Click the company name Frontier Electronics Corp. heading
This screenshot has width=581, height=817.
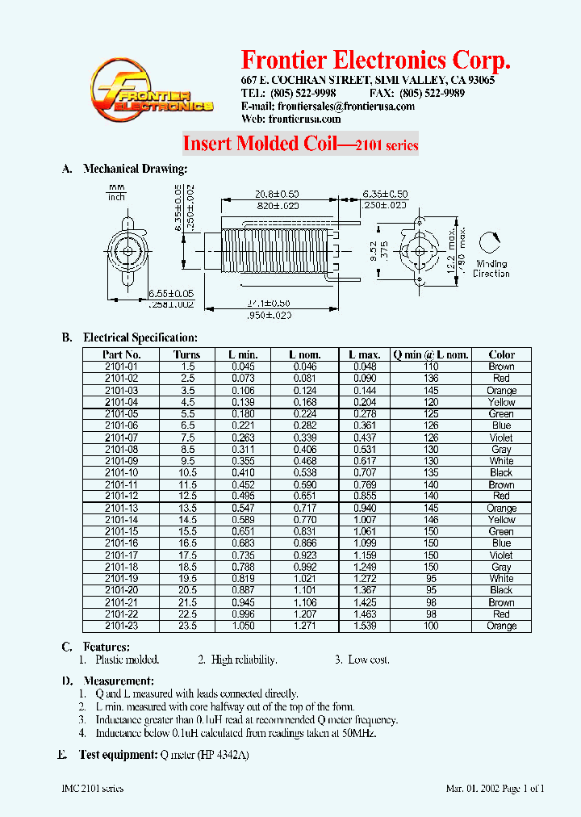[376, 61]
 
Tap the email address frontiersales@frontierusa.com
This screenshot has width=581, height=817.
[345, 106]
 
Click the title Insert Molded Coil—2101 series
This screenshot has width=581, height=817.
[300, 144]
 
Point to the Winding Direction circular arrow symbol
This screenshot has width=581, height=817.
[490, 244]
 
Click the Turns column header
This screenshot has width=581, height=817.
[186, 354]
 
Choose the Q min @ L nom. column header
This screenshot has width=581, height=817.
[431, 354]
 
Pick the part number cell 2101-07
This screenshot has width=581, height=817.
[122, 438]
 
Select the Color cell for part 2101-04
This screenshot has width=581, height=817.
[501, 402]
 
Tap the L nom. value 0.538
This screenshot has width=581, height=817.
[305, 473]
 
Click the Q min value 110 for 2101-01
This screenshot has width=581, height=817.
[431, 367]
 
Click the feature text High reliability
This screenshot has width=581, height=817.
[244, 660]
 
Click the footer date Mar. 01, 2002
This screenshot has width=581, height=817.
[474, 788]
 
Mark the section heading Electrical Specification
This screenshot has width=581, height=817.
[140, 337]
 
